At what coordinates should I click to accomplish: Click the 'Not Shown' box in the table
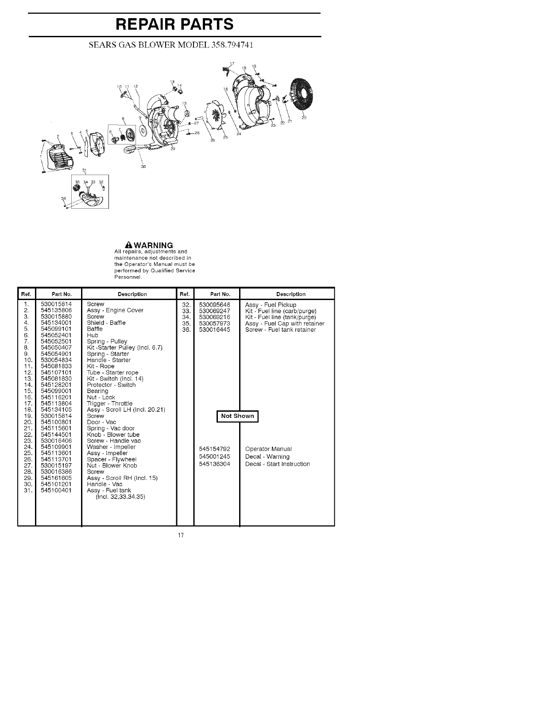(237, 416)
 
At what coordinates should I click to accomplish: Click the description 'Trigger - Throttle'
(109, 404)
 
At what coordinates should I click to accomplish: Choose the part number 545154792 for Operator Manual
(215, 449)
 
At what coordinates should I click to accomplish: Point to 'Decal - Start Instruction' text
(277, 464)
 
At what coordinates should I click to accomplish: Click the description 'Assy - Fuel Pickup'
(271, 305)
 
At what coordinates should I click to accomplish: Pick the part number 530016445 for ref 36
(215, 330)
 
